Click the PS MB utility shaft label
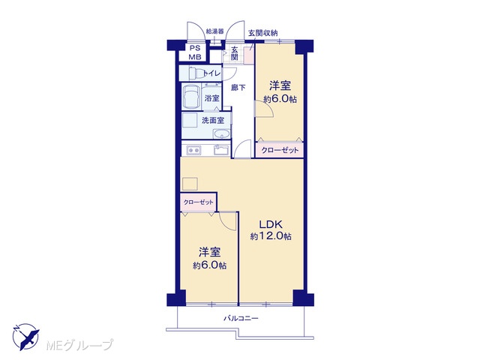tap(194, 52)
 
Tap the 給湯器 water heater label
tap(215, 31)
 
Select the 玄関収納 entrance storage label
tap(262, 33)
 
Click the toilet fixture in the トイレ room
tap(196, 73)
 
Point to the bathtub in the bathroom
tap(191, 96)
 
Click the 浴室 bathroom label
tap(211, 98)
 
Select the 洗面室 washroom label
tap(213, 120)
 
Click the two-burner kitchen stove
tap(193, 150)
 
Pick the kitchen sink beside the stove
tap(222, 150)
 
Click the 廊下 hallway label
tap(238, 88)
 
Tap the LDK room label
tap(271, 224)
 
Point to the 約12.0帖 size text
tap(271, 236)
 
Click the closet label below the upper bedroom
tap(280, 150)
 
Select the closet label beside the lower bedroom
tap(198, 202)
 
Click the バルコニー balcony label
tap(241, 319)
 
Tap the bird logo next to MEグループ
tap(26, 336)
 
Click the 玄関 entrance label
tap(235, 53)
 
